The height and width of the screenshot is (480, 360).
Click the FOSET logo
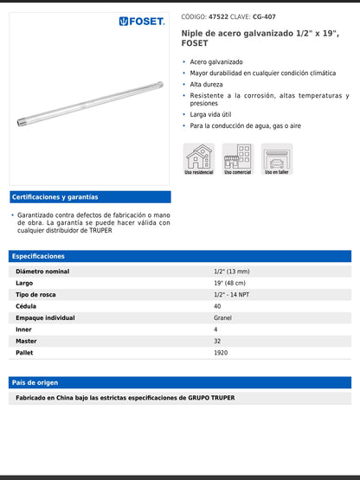pos(142,21)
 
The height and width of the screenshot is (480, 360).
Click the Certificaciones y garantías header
pos(55,197)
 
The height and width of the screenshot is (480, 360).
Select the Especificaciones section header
pos(39,256)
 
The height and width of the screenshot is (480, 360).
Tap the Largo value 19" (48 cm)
pos(229,283)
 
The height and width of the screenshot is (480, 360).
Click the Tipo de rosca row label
pos(36,295)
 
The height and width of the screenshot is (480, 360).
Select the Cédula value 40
pos(217,306)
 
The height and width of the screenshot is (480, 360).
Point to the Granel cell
pos(222,318)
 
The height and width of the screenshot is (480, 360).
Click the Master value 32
pos(217,342)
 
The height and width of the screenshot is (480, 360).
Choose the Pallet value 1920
pos(221,353)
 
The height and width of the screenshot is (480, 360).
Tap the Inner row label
pos(25,330)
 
